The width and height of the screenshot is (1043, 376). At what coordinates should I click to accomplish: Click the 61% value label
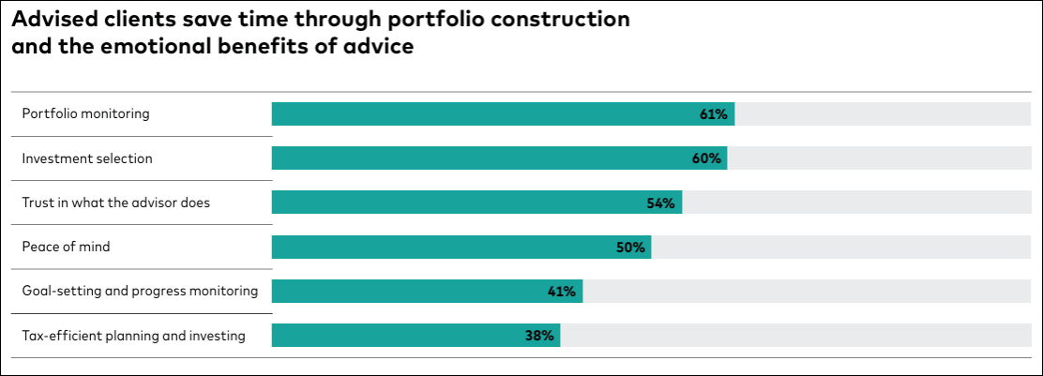point(713,114)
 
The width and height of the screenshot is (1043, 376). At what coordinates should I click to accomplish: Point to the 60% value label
point(706,158)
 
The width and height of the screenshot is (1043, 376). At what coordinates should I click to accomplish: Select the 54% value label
point(661,203)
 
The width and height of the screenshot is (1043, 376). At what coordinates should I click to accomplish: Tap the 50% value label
point(630,248)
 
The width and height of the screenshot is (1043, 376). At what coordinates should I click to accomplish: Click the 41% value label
point(561,292)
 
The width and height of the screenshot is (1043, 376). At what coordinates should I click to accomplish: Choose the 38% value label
point(539,336)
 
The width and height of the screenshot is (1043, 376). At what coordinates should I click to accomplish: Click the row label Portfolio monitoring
point(86,114)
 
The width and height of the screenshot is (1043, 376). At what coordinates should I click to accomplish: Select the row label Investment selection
point(87,158)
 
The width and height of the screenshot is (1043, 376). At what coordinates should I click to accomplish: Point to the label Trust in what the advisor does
point(116,203)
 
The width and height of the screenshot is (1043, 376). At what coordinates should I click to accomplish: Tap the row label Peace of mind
point(67,248)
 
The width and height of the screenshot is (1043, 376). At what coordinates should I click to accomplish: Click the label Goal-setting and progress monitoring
point(140,292)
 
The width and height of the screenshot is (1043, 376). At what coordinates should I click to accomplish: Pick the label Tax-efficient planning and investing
point(134,336)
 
